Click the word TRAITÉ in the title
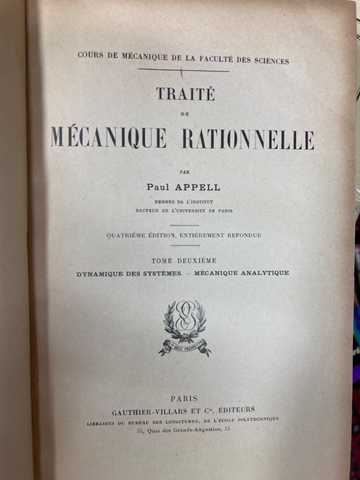click(185, 94)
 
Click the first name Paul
click(159, 187)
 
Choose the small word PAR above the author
click(184, 172)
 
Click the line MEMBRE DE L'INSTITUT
click(184, 202)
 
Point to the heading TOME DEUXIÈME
click(184, 261)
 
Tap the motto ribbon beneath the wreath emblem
click(185, 346)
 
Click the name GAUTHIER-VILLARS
click(147, 411)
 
